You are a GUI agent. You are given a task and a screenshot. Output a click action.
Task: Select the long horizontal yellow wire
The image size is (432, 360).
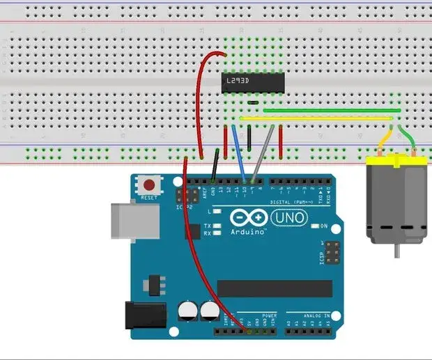pos(314,118)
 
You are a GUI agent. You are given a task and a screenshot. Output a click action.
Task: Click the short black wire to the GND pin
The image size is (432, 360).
pos(217,167)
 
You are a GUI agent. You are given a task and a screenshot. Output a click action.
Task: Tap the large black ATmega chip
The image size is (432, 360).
pos(275,288)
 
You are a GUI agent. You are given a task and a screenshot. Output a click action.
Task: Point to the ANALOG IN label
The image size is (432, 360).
pos(317,315)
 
